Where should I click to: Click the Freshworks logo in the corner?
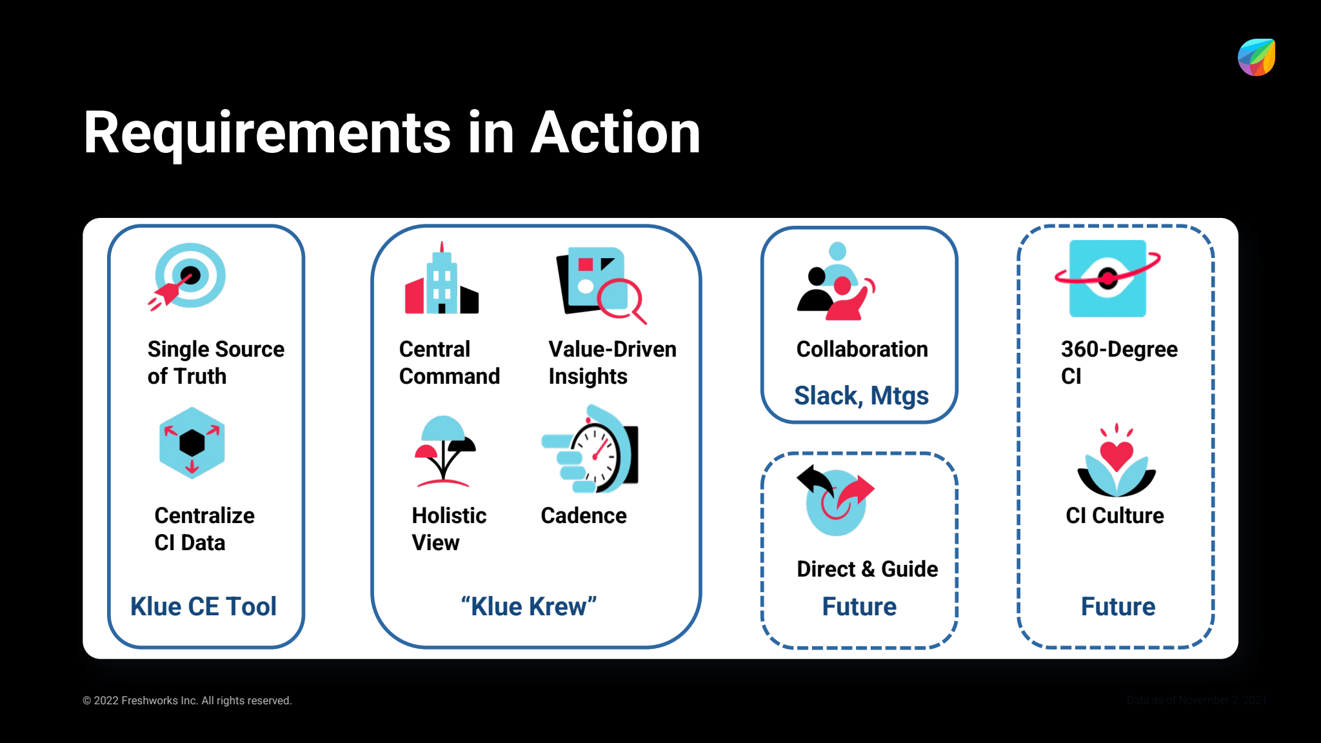coord(1256,57)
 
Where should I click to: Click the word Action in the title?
coord(615,134)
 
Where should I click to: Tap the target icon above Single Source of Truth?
coord(188,276)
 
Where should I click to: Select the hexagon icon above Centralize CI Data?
coord(192,443)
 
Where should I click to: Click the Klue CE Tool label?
coord(203,607)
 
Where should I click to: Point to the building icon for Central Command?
coord(442,282)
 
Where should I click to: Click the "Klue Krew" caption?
coord(529,607)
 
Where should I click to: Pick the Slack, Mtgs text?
coord(861,395)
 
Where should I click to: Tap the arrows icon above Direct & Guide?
coord(835,500)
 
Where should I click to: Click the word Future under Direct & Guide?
coord(859,607)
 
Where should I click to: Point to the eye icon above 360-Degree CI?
coord(1107,279)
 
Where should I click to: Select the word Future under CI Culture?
coord(1118,607)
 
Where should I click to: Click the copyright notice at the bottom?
coord(187,700)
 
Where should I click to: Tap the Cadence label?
coord(583,516)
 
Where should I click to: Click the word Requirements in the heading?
coord(267,134)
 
